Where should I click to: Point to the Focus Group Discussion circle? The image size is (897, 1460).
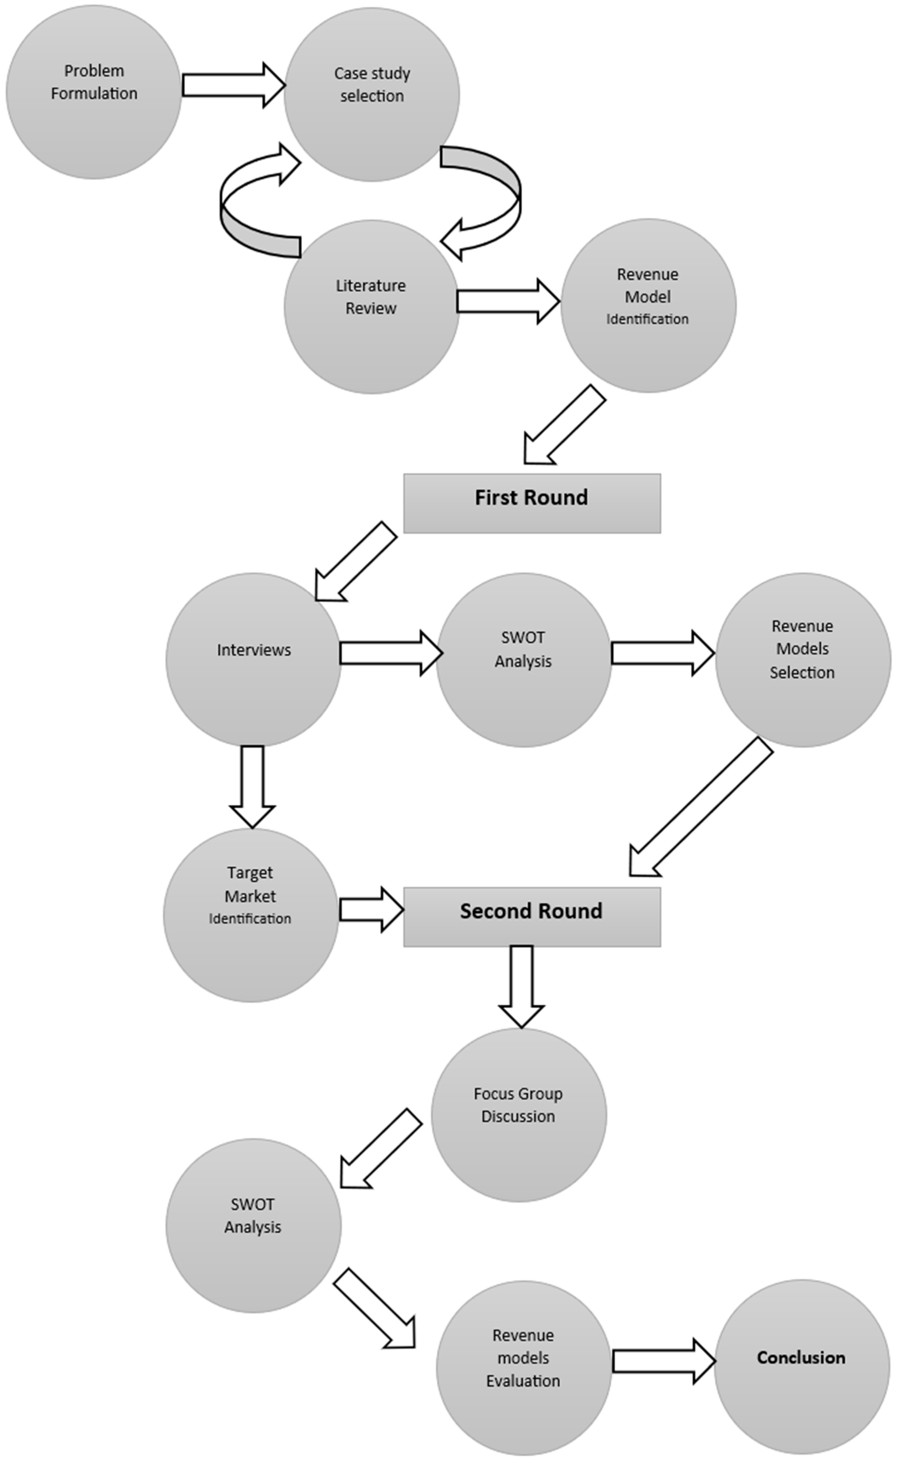tap(518, 1114)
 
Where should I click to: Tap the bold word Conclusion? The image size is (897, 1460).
tap(801, 1357)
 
